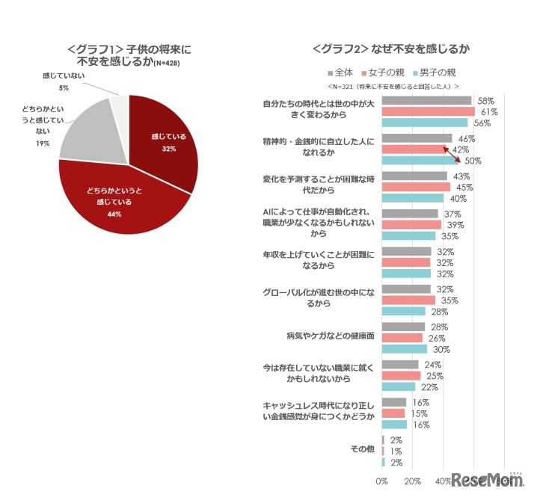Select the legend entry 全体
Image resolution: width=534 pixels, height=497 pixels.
pyautogui.click(x=340, y=72)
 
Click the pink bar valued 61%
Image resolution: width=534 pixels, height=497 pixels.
pyautogui.click(x=428, y=111)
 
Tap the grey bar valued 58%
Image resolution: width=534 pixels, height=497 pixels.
pyautogui.click(x=426, y=100)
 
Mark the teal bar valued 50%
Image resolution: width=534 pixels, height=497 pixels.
pyautogui.click(x=420, y=161)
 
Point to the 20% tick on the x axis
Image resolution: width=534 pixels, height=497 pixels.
pyautogui.click(x=412, y=481)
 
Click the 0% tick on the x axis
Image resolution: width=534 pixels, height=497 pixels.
pyautogui.click(x=381, y=481)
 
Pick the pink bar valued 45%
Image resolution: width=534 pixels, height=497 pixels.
pyautogui.click(x=416, y=187)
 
